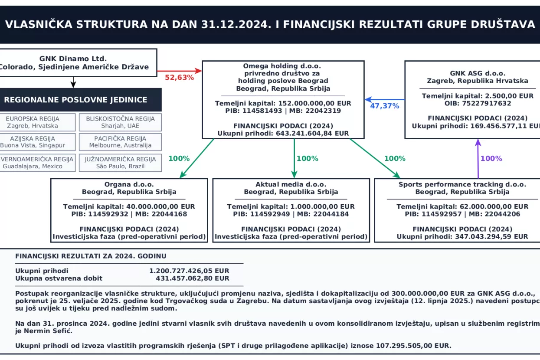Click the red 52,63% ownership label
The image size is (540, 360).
[x=179, y=78]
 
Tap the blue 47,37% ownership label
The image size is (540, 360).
[x=384, y=106]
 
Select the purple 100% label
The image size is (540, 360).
[x=491, y=159]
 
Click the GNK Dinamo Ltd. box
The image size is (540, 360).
[x=73, y=62]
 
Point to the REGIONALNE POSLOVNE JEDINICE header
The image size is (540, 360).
[x=76, y=100]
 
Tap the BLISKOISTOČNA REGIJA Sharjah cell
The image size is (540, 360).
[x=120, y=122]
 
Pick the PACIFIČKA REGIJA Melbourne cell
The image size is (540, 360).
[x=120, y=142]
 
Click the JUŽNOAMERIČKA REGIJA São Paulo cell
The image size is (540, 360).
[x=120, y=162]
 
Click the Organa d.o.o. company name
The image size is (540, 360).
[x=129, y=184]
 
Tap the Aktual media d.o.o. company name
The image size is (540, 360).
[x=291, y=184]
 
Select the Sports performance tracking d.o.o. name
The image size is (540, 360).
[x=462, y=184]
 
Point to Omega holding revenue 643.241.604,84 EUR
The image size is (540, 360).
[x=312, y=134]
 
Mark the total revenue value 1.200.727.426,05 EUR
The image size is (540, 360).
[x=189, y=271]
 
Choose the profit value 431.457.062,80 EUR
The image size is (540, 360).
[x=192, y=278]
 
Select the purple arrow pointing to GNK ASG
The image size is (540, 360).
[x=478, y=159]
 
